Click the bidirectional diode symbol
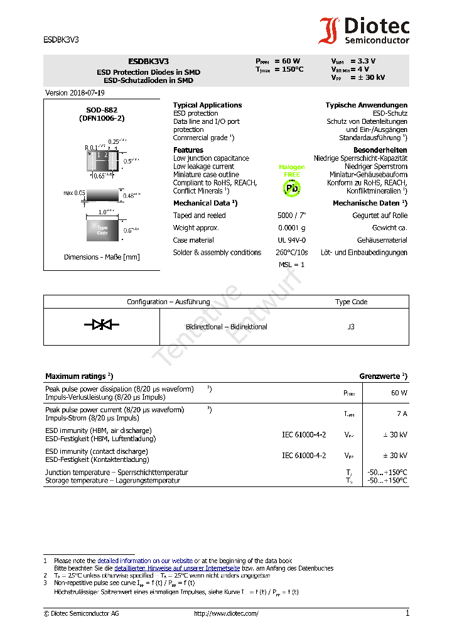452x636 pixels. (x=102, y=324)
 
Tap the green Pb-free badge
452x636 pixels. (x=292, y=187)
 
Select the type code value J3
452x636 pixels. (x=351, y=327)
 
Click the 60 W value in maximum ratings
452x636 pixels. (x=399, y=393)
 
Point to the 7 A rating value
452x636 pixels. (x=402, y=414)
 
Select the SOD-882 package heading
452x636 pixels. (x=102, y=110)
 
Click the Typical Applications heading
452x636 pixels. (x=207, y=105)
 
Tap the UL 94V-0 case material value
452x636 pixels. (x=292, y=240)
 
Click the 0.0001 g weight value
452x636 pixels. (x=292, y=228)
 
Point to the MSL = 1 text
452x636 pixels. (x=291, y=265)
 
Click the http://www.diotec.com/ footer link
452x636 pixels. (x=226, y=614)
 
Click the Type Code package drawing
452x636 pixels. (x=102, y=229)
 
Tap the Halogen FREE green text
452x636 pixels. (x=292, y=170)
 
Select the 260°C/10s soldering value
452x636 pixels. (x=292, y=253)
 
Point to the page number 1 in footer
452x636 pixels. (x=407, y=613)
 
